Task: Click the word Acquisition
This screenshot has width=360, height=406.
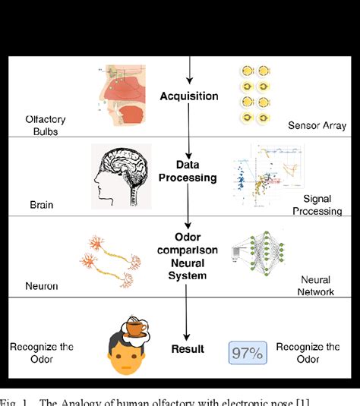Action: click(x=188, y=96)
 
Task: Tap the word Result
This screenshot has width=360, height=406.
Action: click(x=188, y=349)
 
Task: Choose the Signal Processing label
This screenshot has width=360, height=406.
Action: click(x=317, y=204)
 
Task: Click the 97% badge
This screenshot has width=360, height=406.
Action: click(x=248, y=353)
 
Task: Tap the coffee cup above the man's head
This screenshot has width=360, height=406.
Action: click(x=136, y=329)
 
